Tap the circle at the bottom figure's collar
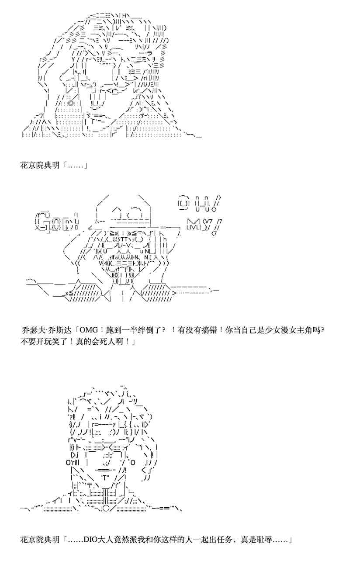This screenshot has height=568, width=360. tap(106, 508)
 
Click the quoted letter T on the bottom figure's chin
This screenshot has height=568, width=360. tap(107, 477)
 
